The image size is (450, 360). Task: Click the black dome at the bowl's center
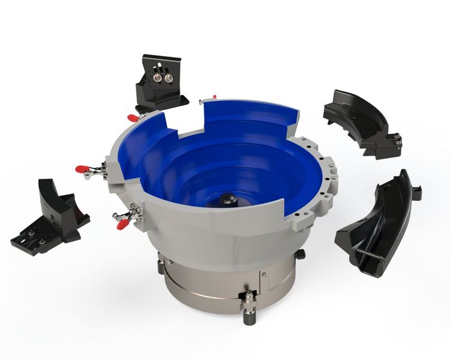[x=227, y=199]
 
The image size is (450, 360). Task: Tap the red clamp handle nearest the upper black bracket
[x=132, y=118]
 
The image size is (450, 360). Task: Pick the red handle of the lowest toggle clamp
[x=122, y=224]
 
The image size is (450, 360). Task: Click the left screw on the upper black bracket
[x=158, y=77]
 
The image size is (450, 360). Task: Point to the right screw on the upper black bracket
[x=169, y=78]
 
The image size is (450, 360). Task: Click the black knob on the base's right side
[x=300, y=254]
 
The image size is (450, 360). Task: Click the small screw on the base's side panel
[x=263, y=274]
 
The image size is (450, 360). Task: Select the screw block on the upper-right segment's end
[x=397, y=140]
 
